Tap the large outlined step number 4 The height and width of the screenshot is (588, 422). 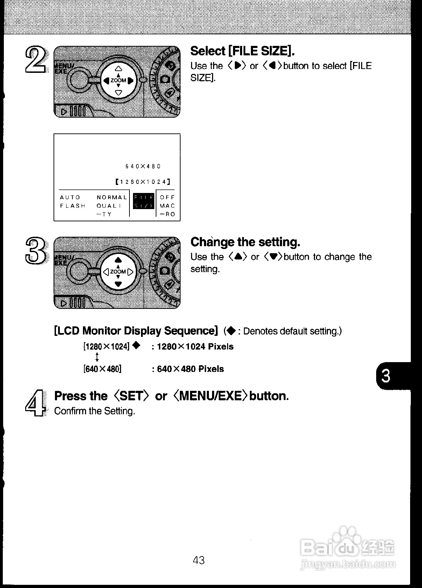[x=35, y=403]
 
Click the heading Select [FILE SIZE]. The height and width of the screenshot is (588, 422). [x=242, y=51]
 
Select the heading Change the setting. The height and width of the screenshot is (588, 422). [x=245, y=242]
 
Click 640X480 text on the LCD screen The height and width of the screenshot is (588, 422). [x=143, y=166]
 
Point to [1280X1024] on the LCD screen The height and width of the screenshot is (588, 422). [x=143, y=182]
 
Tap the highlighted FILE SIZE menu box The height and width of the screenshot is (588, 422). [x=143, y=201]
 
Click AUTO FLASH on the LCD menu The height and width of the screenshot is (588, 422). [x=72, y=202]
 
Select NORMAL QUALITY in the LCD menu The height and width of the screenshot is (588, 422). [x=112, y=206]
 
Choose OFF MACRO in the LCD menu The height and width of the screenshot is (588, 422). [x=167, y=206]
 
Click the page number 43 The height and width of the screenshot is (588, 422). [x=199, y=560]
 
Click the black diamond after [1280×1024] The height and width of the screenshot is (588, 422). [x=136, y=346]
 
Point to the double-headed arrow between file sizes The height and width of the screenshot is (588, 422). [x=97, y=357]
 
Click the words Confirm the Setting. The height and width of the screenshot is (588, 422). [x=94, y=411]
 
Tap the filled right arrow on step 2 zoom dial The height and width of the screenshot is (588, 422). [x=131, y=81]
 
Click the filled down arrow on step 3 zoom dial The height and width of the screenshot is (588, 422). [x=118, y=284]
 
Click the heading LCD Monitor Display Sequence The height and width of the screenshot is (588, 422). [x=136, y=331]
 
